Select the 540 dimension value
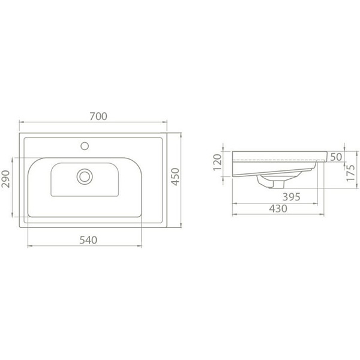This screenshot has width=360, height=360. coord(88,240)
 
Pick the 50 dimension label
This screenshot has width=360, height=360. coord(337,157)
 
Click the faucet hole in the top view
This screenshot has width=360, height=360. coord(85,145)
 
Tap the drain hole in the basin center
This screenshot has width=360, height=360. coord(85,176)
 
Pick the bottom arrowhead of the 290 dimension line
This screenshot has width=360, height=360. coord(13,217)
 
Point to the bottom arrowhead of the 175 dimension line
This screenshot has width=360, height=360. coord(346,188)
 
